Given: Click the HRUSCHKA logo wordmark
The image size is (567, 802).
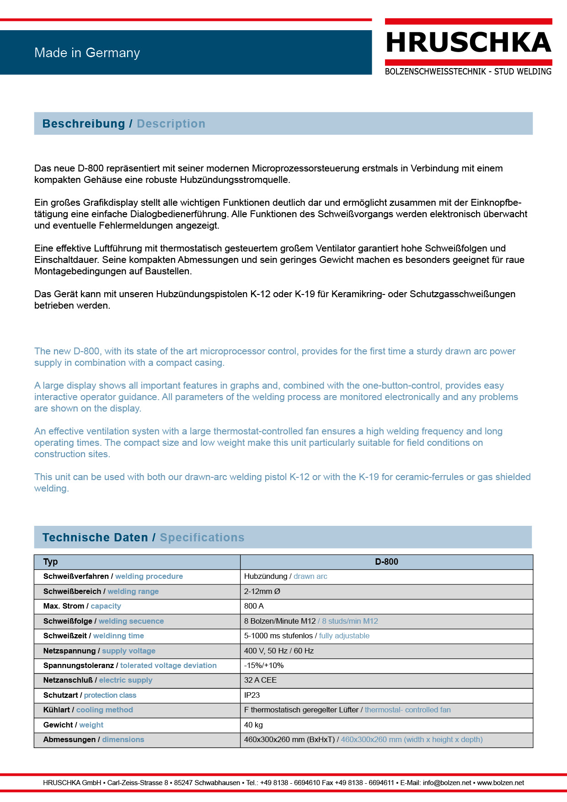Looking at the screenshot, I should pos(468,43).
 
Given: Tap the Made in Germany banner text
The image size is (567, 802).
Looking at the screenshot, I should pos(87,53).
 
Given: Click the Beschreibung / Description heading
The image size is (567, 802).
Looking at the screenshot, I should pos(123,124).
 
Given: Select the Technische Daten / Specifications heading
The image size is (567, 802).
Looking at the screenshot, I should pos(143,538).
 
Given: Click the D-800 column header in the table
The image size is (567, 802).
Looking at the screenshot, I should pos(386,562).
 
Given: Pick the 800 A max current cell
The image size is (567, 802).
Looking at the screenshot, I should pos(254,606).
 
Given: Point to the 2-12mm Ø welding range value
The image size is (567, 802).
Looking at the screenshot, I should pos(262,592).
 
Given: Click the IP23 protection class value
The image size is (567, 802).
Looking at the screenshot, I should pos(252,695).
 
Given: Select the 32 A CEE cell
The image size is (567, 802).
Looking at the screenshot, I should pos(260,680).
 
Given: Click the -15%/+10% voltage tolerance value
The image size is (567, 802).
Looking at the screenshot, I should pos(264,666).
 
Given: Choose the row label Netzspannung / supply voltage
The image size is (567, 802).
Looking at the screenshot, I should pos(99,651).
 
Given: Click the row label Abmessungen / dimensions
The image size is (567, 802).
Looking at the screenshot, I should pos(94,740).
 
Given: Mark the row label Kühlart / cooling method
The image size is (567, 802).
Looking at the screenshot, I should pos(88,710).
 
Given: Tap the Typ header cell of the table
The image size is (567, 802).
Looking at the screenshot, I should pos(50,562).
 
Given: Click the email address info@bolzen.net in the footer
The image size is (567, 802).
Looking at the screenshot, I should pos(447,783).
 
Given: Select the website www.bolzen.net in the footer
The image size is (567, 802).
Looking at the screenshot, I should pos(500,783).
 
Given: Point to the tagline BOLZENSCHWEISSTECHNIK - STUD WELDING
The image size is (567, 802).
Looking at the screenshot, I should pos(468,72).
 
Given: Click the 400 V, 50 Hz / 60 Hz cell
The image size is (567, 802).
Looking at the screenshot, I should pos(279,651).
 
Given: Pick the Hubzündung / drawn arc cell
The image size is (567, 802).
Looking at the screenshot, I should pos(285,577).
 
